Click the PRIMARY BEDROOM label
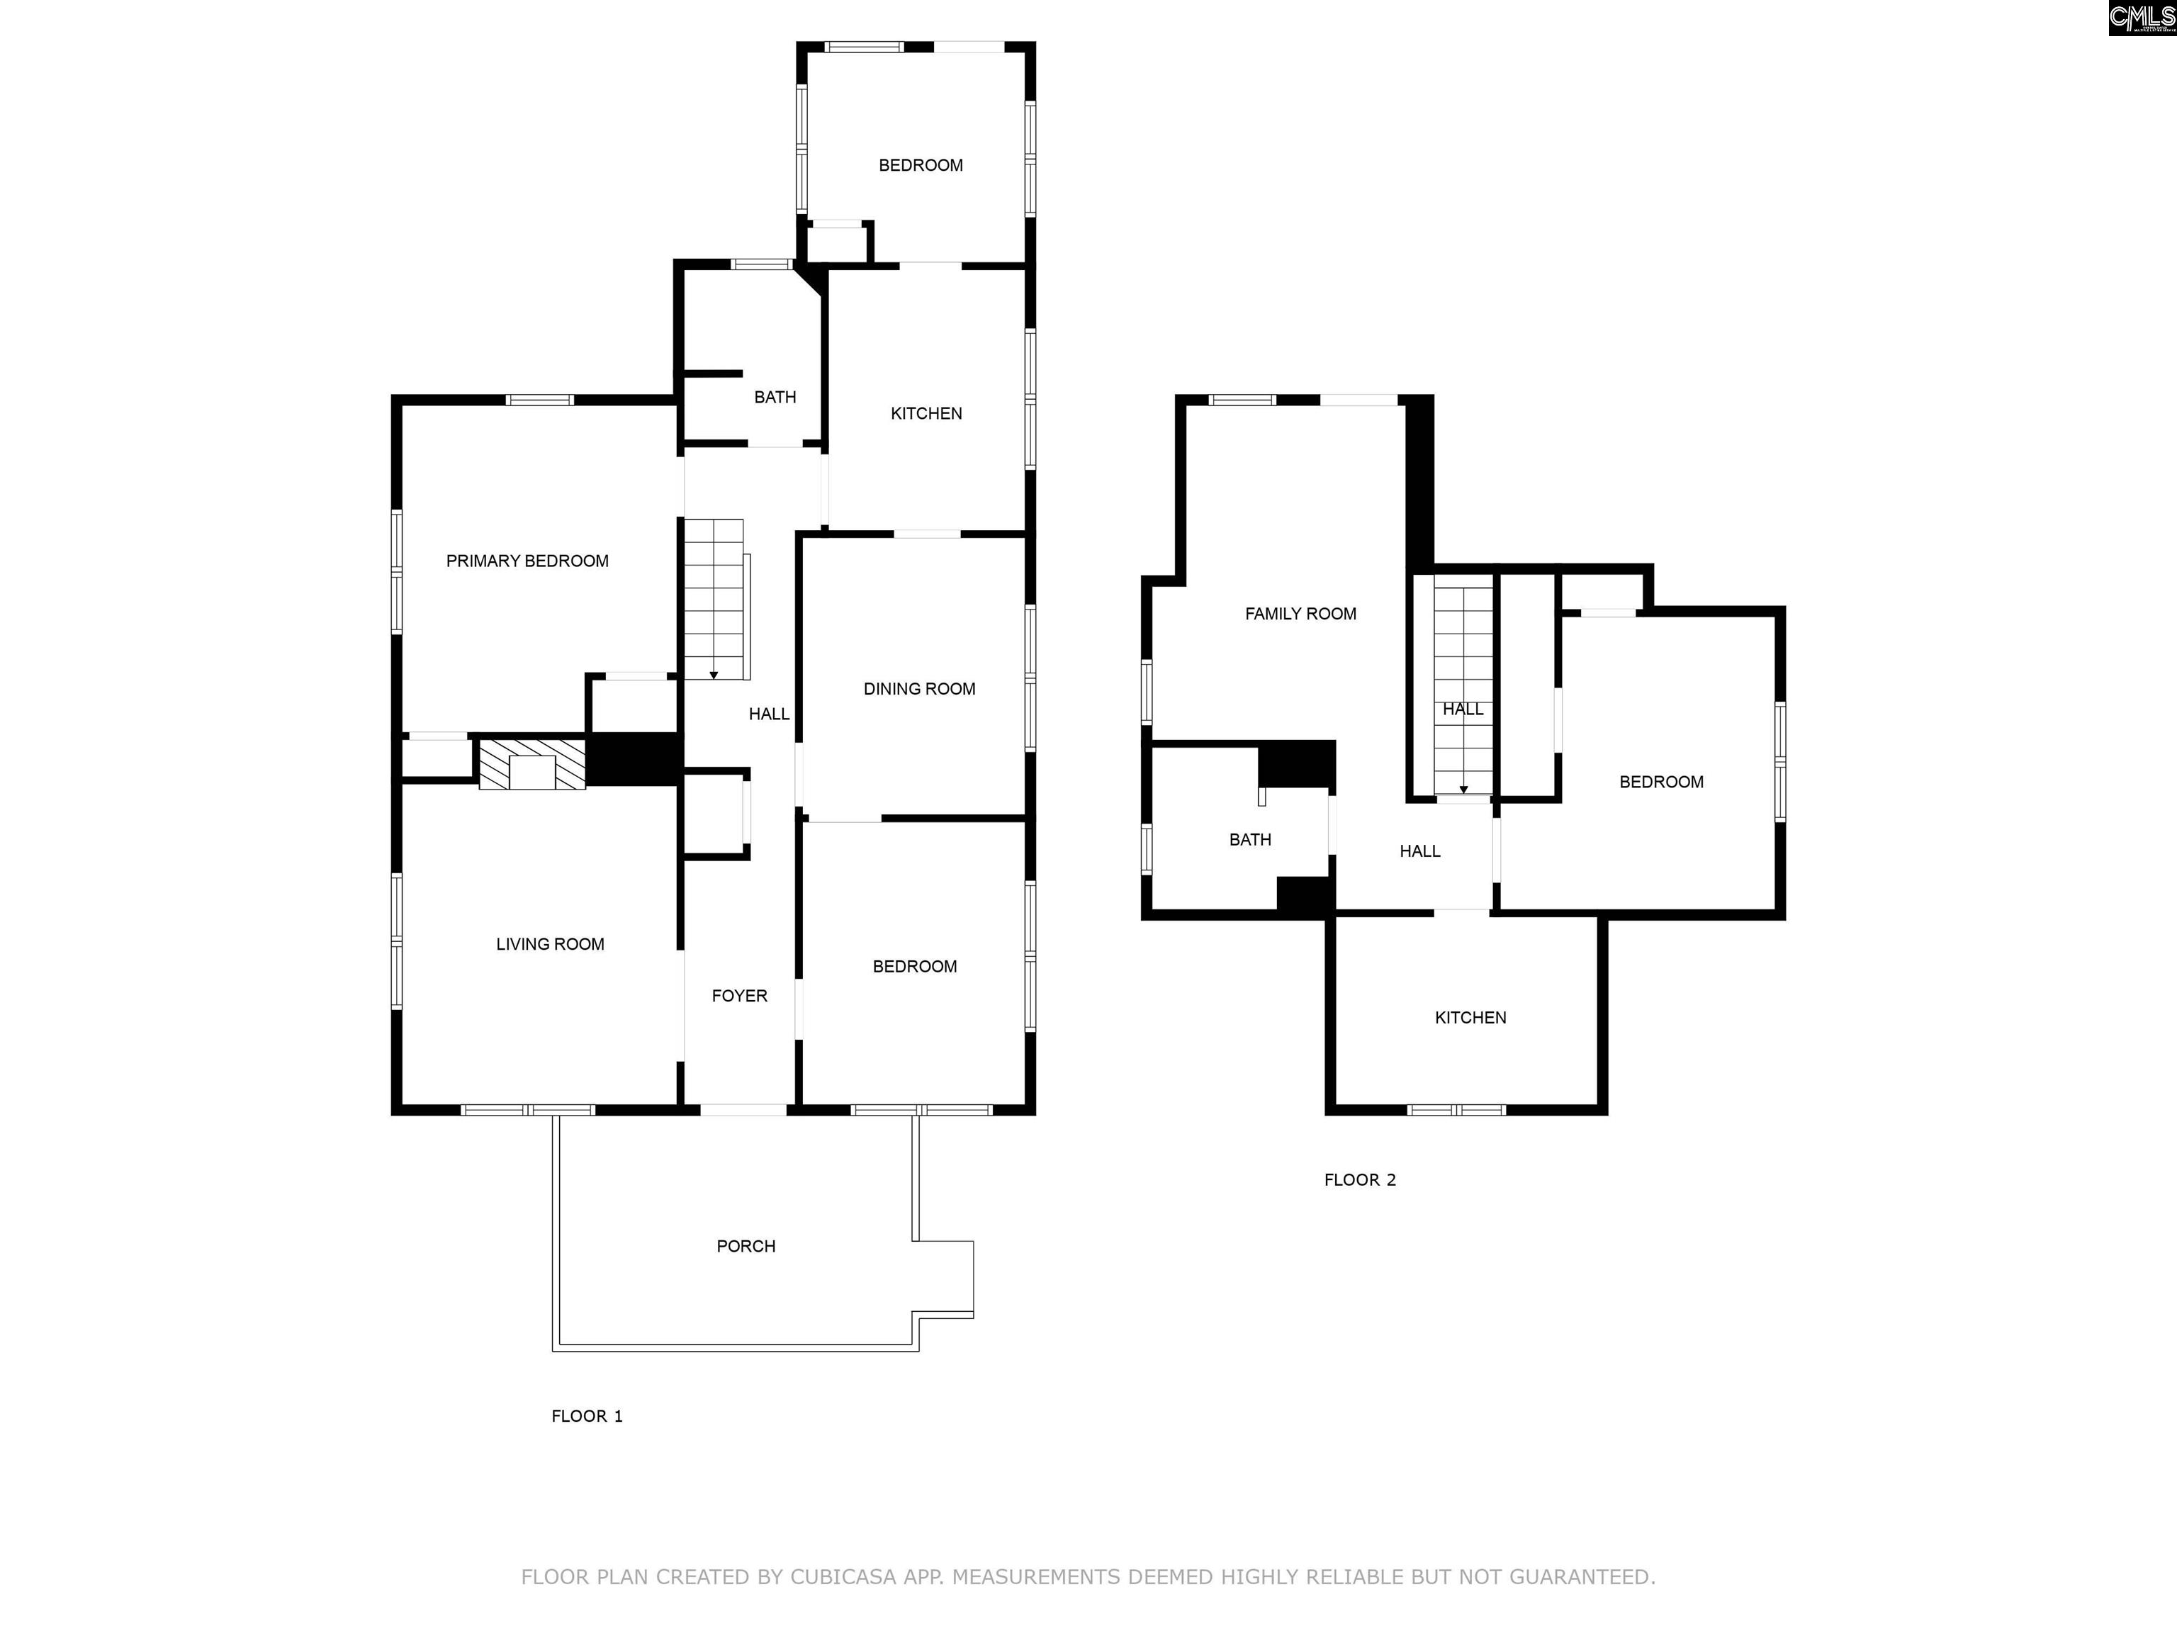tap(527, 561)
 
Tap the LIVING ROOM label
tap(550, 944)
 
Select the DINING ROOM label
tap(919, 689)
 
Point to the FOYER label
tap(739, 996)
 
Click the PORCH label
tap(746, 1246)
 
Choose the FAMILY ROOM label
tap(1300, 615)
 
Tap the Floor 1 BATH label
tap(775, 398)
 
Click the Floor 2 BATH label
tap(1250, 840)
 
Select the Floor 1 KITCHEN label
tap(926, 413)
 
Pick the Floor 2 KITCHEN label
tap(1470, 1018)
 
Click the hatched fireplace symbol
tap(532, 764)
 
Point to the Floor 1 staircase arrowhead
tap(714, 675)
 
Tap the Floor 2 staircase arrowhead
tap(1463, 790)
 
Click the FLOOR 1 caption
tap(587, 1416)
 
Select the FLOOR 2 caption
tap(1360, 1180)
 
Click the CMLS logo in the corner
tap(2142, 18)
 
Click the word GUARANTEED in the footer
tap(1582, 1577)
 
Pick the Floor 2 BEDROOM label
tap(1661, 782)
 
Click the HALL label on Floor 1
tap(769, 714)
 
